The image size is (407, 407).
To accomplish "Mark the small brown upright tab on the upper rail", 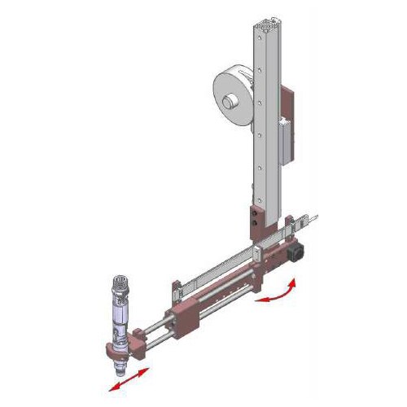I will point(173,286).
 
